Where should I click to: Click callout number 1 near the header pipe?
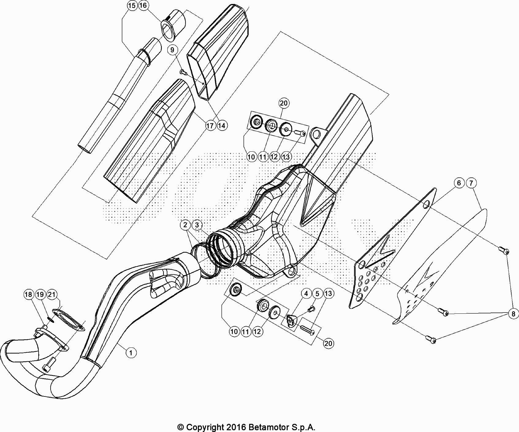(x=131, y=353)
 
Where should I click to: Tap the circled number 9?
(x=172, y=50)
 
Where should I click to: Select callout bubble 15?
(x=132, y=6)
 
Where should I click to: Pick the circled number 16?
(x=143, y=6)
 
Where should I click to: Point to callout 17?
(x=210, y=126)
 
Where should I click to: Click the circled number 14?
(x=222, y=126)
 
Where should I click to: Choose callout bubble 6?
(x=459, y=183)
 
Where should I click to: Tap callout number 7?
(x=471, y=183)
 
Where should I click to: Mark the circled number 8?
(x=513, y=314)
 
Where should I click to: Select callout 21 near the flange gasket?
(x=52, y=295)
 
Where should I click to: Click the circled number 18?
(x=28, y=295)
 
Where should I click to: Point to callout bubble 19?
(x=40, y=295)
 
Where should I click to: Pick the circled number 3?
(x=197, y=225)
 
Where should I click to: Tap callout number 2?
(x=185, y=225)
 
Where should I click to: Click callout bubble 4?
(x=306, y=294)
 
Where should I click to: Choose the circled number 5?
(x=317, y=294)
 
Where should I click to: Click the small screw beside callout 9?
(x=183, y=72)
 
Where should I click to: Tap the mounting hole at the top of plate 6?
(x=426, y=205)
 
